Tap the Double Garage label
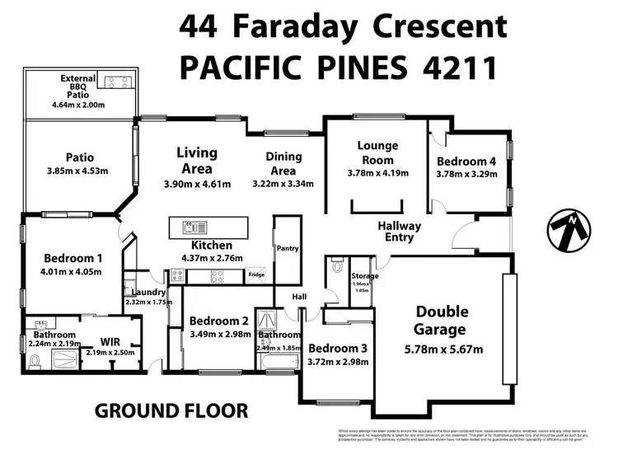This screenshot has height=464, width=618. pos(442,320)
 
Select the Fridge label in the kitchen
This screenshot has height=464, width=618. pos(256,274)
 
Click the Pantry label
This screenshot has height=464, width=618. pos(288,248)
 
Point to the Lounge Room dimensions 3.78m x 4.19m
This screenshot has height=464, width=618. pos(377,174)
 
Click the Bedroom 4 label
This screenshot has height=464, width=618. pos(466,161)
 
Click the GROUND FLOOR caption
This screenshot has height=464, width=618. pos(171,410)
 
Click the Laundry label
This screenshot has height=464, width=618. pos(148,292)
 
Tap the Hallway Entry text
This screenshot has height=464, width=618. pos(399,232)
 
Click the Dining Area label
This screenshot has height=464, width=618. pos(283,163)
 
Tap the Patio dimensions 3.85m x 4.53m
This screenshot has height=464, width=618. pos(79,171)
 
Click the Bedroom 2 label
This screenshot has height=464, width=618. pos(218,321)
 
